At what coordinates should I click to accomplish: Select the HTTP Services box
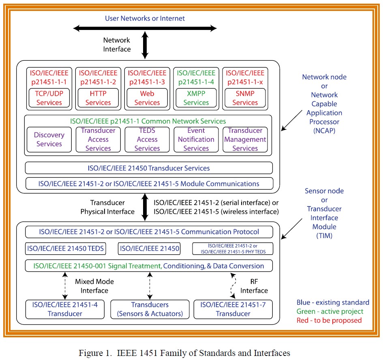(x=98, y=98)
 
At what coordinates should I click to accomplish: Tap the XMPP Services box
(x=196, y=98)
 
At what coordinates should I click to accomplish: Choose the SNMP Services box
(x=245, y=98)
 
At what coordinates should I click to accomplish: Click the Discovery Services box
(x=49, y=140)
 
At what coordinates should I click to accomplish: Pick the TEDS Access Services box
(x=147, y=140)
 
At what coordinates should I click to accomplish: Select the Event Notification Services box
(x=196, y=140)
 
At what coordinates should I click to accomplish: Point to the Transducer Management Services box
(x=245, y=140)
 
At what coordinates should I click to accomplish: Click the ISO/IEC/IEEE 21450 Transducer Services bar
(x=149, y=168)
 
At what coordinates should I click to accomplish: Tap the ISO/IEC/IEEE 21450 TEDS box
(x=66, y=249)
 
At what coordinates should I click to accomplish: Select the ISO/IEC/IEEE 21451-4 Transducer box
(x=65, y=309)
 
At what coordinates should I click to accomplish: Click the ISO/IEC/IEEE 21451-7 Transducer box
(x=233, y=309)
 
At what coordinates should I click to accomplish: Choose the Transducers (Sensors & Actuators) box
(x=150, y=309)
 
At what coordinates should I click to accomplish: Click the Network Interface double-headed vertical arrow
(x=144, y=45)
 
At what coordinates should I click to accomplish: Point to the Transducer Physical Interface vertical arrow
(x=144, y=207)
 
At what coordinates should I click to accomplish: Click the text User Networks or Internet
(x=145, y=18)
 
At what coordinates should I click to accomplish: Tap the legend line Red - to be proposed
(x=329, y=320)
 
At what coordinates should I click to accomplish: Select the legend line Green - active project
(x=330, y=311)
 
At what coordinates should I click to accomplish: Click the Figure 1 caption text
(x=191, y=353)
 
